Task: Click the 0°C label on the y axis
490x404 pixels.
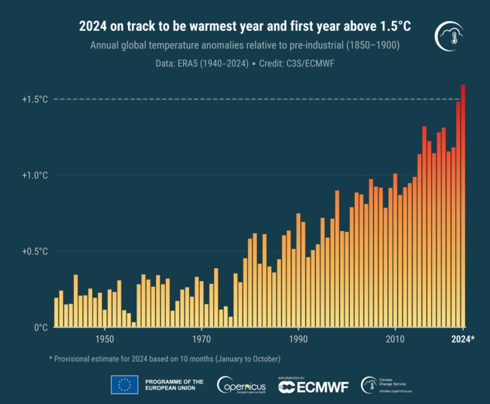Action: coord(41,328)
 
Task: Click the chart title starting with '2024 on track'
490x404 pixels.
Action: coord(245,27)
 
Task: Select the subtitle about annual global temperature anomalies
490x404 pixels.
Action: coord(245,46)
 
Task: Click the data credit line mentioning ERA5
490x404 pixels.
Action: coord(245,64)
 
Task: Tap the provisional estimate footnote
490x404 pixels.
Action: coord(164,358)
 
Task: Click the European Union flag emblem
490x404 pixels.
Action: coord(124,385)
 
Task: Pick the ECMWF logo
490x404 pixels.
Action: coord(313,386)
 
